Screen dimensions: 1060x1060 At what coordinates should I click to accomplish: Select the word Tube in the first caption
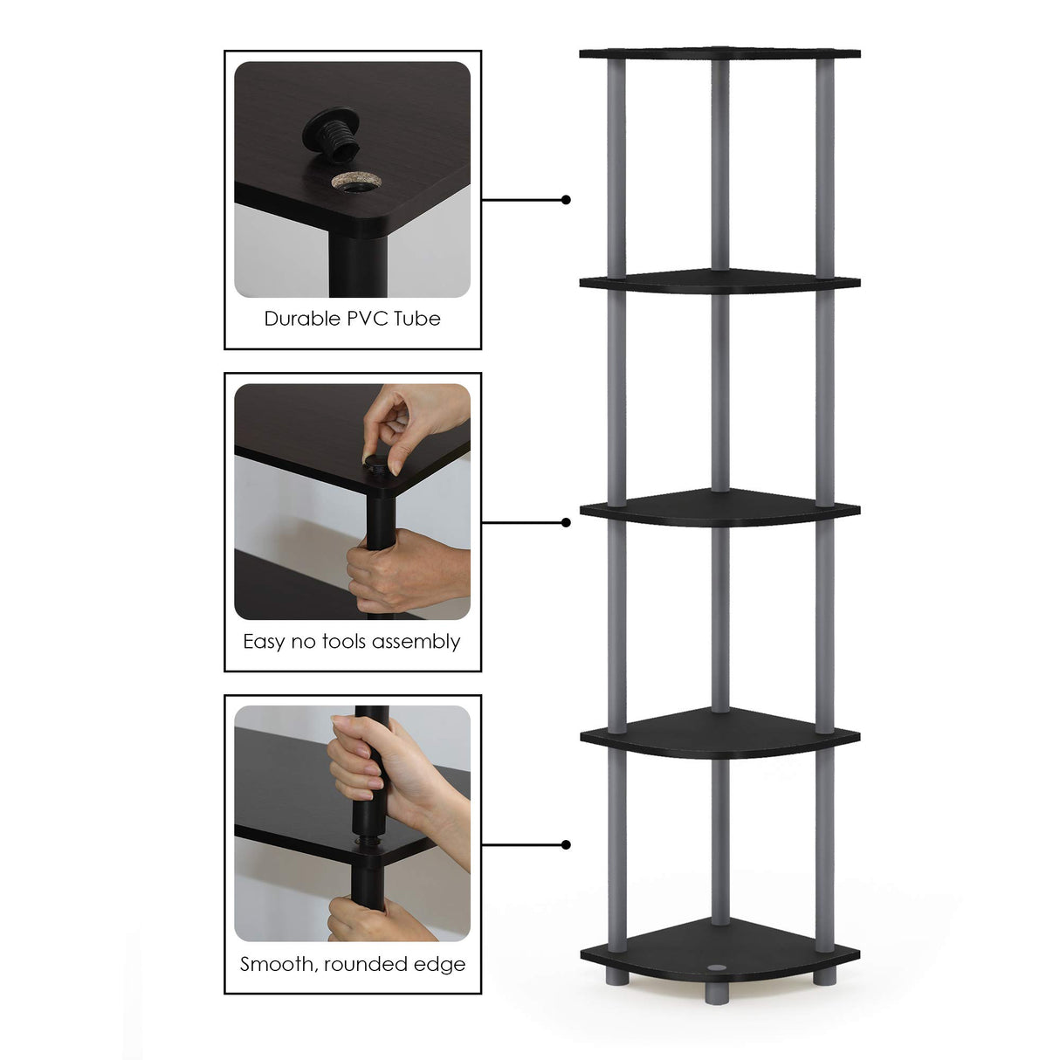(416, 319)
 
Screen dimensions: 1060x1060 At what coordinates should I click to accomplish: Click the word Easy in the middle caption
(264, 642)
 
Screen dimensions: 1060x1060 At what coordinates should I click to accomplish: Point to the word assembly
(416, 643)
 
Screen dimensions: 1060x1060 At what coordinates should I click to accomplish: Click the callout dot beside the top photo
(566, 200)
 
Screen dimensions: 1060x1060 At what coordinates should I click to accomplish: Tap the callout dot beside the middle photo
(566, 522)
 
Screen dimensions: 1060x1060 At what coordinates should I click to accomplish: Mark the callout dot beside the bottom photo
(566, 844)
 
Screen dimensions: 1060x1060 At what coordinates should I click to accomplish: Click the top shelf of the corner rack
(719, 53)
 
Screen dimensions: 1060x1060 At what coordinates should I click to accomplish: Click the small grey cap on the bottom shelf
(719, 967)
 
